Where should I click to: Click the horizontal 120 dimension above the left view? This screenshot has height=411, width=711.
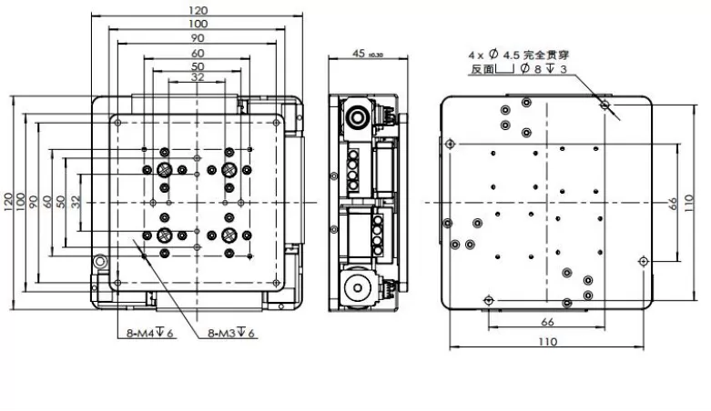tap(198, 10)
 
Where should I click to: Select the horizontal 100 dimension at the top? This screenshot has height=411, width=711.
tap(198, 23)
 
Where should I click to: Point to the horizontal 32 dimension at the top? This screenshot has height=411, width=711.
tap(198, 78)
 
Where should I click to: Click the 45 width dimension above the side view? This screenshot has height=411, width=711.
tap(361, 54)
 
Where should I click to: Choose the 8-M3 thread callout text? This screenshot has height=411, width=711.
tap(231, 334)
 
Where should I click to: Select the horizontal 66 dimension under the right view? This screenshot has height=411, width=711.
tap(548, 321)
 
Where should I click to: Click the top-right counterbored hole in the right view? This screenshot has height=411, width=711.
tap(604, 106)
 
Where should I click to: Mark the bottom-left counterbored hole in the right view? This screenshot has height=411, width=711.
tap(489, 299)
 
